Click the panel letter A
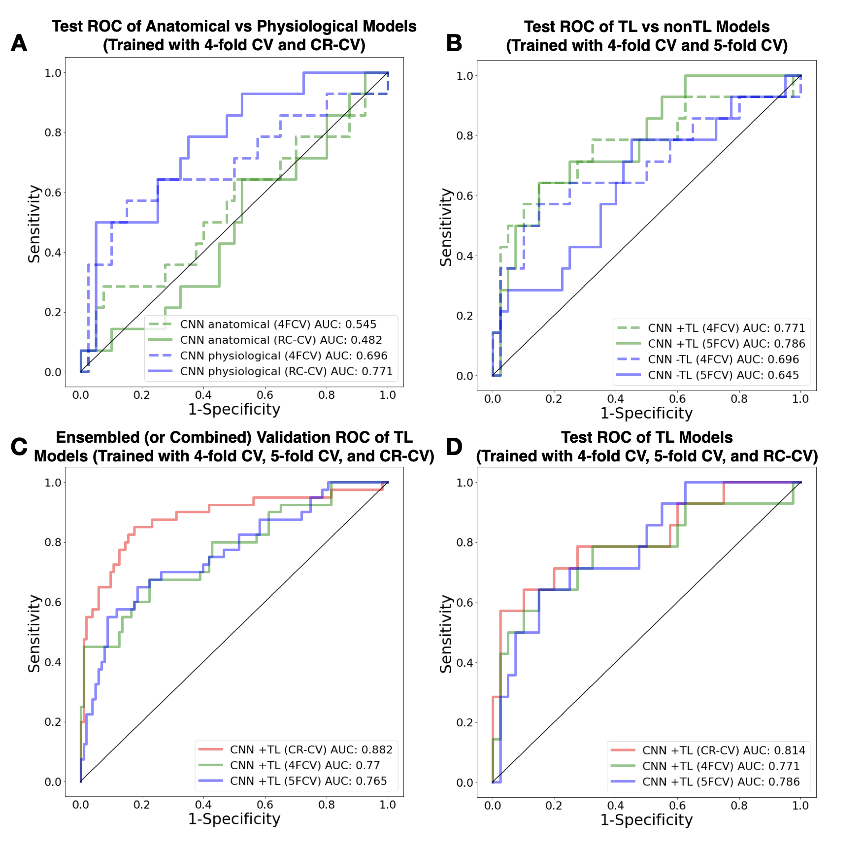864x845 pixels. [19, 43]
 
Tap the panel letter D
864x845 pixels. [454, 447]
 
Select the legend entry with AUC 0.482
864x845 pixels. [281, 340]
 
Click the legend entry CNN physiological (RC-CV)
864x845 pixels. [286, 371]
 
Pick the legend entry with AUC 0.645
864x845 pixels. [723, 375]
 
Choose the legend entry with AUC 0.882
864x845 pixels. [311, 749]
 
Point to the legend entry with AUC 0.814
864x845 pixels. [723, 750]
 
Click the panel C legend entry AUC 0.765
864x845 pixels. [308, 781]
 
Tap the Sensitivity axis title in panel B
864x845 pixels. [446, 227]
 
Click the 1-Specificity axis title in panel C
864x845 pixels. [234, 819]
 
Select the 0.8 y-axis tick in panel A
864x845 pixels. [53, 133]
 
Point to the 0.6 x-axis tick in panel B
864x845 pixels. [677, 399]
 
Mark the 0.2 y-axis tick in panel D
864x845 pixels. [465, 722]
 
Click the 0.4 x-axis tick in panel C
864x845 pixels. [203, 805]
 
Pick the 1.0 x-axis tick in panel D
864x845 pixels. [800, 806]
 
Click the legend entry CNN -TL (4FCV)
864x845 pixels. [723, 359]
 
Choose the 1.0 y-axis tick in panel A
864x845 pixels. [53, 73]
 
